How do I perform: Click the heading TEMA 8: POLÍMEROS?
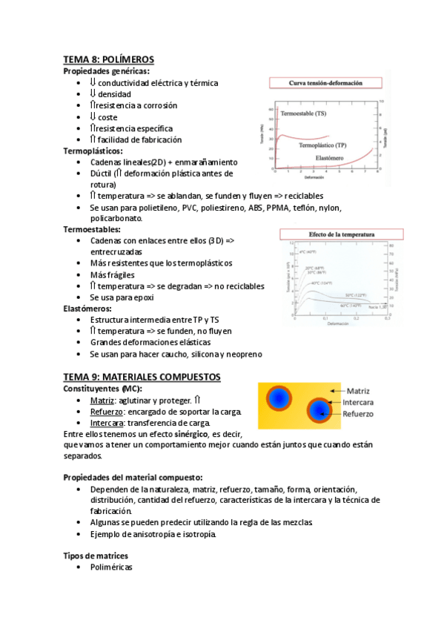107,59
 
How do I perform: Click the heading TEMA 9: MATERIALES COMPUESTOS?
142,377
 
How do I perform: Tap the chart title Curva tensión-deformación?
325,83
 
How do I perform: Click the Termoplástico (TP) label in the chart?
327,145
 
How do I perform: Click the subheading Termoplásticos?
93,151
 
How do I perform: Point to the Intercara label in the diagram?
362,402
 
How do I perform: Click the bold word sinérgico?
189,433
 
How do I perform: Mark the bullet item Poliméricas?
111,567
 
